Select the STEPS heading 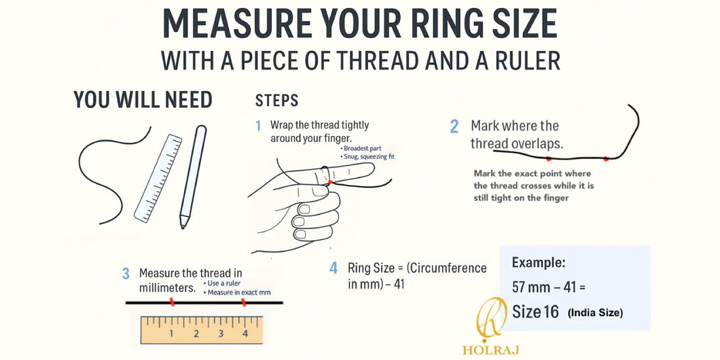(276, 101)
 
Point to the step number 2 (454, 126)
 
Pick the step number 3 (126, 274)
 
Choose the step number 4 (334, 268)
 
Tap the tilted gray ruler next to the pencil (158, 177)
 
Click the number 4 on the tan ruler (245, 334)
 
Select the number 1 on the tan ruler (171, 334)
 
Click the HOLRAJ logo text (490, 350)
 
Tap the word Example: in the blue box (539, 263)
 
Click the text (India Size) (595, 313)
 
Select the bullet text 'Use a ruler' (224, 283)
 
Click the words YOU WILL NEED (143, 100)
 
